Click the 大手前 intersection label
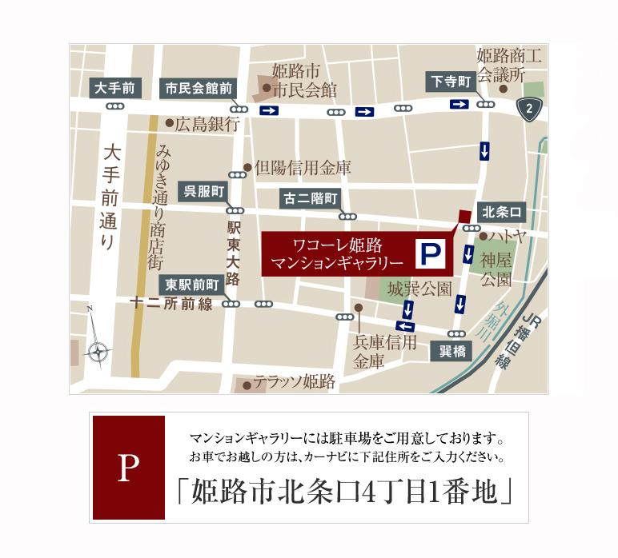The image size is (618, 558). coord(116,86)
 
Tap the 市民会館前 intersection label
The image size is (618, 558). coord(199,87)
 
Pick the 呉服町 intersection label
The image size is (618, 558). coord(206,189)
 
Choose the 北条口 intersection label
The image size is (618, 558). coord(502,212)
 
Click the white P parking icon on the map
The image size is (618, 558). coord(430,255)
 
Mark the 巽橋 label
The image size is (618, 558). coord(451,351)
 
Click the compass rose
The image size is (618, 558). coord(98,349)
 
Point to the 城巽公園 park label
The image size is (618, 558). coord(419,288)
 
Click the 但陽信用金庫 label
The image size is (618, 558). coord(302,169)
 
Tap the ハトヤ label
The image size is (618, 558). coord(508,237)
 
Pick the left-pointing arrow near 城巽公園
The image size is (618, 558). coord(406,326)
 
